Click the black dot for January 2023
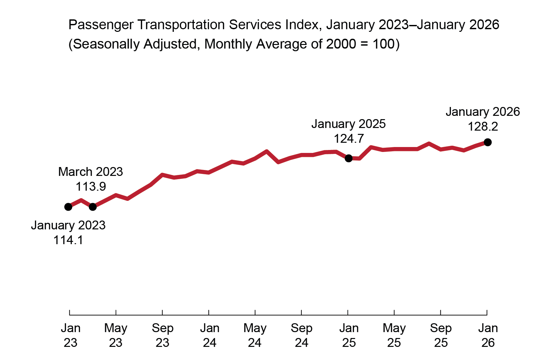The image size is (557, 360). point(68,207)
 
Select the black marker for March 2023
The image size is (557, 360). point(93,207)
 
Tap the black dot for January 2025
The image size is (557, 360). point(349,158)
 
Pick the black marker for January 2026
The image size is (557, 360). point(488,142)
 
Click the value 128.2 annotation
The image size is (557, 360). point(482,127)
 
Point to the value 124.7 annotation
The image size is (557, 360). point(349,139)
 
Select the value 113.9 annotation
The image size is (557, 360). point(91,187)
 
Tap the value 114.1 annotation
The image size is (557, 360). point(68,240)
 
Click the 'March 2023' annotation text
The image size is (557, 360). point(91,172)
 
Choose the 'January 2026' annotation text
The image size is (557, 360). point(482,112)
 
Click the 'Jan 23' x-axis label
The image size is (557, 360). point(71,335)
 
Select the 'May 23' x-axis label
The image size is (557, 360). point(116,335)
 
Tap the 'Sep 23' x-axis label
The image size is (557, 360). point(163,335)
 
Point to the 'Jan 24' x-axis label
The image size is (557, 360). point(210,335)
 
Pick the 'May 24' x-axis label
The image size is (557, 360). point(255,335)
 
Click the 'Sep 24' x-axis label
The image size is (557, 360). point(301,335)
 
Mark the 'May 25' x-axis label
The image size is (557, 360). point(394,335)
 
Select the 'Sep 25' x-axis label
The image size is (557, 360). point(441,335)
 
